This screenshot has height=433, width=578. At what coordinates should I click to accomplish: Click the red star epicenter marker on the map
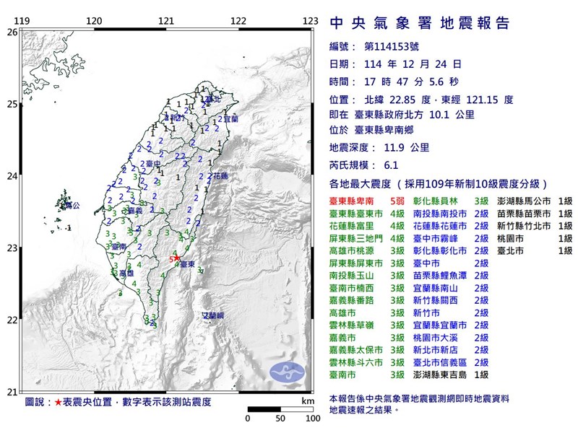[x=176, y=258]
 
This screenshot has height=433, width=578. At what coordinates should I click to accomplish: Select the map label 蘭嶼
[x=212, y=316]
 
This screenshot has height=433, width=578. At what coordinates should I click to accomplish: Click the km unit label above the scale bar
[x=309, y=401]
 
